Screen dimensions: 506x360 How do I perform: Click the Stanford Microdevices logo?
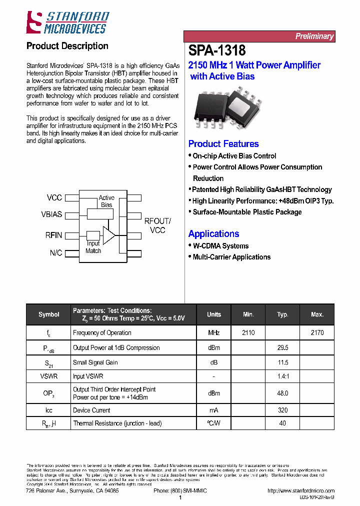[67, 23]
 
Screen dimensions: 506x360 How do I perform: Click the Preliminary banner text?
[314, 36]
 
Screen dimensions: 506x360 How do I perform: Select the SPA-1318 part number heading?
[217, 50]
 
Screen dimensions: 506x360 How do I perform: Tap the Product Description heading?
[67, 46]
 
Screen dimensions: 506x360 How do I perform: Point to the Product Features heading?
[223, 144]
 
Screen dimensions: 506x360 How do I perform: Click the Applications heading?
[213, 234]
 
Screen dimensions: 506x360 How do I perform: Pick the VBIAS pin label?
[51, 214]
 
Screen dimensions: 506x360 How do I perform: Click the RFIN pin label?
[53, 235]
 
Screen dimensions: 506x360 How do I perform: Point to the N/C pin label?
[56, 253]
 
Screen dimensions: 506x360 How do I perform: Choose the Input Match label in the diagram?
[93, 247]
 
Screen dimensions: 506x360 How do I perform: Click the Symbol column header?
[48, 314]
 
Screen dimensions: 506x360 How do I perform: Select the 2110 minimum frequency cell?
[248, 333]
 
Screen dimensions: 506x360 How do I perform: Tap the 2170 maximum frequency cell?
[317, 333]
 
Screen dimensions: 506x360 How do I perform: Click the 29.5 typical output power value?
[282, 348]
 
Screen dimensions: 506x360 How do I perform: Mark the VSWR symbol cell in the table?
[48, 376]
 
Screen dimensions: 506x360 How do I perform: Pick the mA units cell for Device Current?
[213, 410]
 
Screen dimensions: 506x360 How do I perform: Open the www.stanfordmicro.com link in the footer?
[301, 491]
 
